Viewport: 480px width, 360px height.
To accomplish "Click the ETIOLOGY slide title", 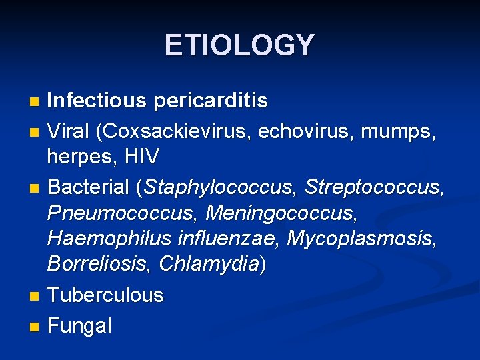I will coord(239,45).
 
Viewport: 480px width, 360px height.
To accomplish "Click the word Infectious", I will coord(97,101).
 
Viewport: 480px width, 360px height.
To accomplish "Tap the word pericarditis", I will coord(210,101).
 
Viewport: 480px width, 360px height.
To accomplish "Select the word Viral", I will coord(69,132).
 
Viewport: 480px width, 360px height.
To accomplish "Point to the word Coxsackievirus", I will coord(175,132).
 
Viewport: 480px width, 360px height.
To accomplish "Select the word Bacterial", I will coord(89,188).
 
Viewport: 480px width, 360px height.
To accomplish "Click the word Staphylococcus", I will coord(217,189).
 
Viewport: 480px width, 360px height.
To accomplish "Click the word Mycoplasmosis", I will coord(361,239).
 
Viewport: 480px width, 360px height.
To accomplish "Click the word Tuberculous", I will coord(105,295).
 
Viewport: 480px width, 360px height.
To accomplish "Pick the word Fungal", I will coord(79,326).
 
